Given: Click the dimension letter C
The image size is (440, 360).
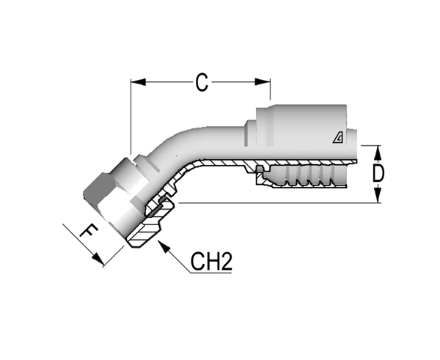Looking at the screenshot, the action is (x=202, y=83).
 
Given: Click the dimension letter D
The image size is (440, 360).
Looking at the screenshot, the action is (x=378, y=173).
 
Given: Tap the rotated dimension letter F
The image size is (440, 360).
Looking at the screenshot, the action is (x=89, y=231).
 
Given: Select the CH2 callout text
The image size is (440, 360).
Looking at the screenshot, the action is (x=211, y=261).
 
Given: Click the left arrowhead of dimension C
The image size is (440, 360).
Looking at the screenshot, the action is (x=139, y=82).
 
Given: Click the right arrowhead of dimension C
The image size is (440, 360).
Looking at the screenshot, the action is (x=263, y=82).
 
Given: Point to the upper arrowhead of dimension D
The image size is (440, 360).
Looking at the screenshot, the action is (x=378, y=153).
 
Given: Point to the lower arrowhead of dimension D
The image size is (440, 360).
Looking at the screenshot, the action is (x=378, y=195).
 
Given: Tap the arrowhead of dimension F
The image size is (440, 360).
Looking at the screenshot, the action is (x=98, y=258).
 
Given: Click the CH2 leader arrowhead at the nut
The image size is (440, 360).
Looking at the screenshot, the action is (x=164, y=246).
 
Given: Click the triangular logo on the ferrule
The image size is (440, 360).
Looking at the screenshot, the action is (x=338, y=138).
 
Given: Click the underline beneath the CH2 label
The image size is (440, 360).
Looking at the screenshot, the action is (x=211, y=273).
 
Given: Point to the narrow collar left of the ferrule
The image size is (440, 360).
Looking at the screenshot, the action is (x=250, y=133).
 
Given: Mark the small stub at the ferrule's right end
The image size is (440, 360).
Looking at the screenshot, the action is (x=352, y=138).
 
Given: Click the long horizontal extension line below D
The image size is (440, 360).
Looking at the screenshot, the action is (x=279, y=202).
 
